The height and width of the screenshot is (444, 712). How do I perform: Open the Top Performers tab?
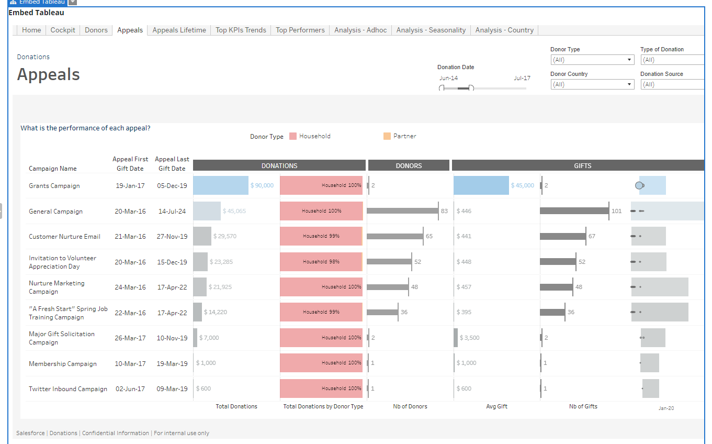point(300,30)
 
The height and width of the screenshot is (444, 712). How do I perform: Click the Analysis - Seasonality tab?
point(431,30)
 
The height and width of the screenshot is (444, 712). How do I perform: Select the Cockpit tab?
point(63,30)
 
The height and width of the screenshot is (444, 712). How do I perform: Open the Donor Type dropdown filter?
point(592,60)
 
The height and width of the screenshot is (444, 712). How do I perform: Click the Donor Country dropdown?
point(592,84)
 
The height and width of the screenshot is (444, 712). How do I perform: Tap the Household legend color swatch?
point(293,136)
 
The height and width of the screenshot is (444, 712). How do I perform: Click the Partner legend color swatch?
point(387,136)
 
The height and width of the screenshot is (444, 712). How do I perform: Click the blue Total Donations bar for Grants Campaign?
point(221,185)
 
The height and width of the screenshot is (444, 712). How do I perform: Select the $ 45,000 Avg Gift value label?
point(522,185)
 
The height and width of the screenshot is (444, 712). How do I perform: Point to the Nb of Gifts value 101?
point(616,211)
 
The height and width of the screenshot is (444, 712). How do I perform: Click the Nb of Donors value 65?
point(429,236)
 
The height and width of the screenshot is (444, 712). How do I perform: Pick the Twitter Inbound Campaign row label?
point(67,389)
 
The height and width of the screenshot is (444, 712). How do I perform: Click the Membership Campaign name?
point(63,363)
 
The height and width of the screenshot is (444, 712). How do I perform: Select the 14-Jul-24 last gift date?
point(172,211)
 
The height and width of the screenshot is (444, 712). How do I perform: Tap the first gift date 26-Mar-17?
point(130,338)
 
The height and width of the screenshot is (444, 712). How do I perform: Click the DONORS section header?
point(409,165)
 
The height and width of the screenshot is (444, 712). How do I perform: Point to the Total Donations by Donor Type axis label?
point(323,406)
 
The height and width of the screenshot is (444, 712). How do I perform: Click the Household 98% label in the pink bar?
point(321,261)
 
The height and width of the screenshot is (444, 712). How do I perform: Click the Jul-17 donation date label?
point(522,78)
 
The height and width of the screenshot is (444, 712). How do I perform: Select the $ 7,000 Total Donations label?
point(209,338)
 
